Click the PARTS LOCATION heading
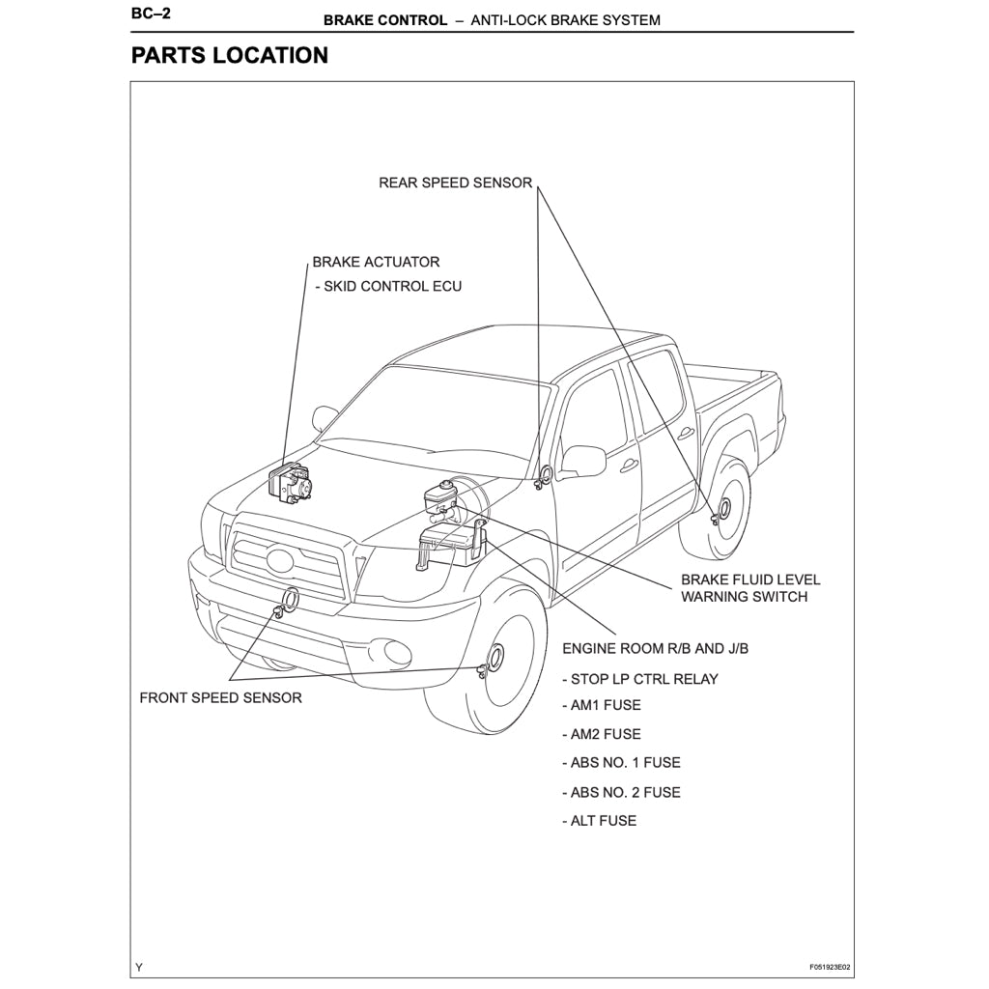tap(230, 55)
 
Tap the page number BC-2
tap(151, 15)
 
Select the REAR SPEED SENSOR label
tap(455, 183)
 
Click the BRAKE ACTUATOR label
tap(376, 262)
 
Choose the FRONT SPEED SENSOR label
tap(220, 697)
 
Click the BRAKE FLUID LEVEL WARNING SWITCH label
tap(750, 587)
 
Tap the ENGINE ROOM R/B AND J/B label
tap(655, 648)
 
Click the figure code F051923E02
tap(830, 967)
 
